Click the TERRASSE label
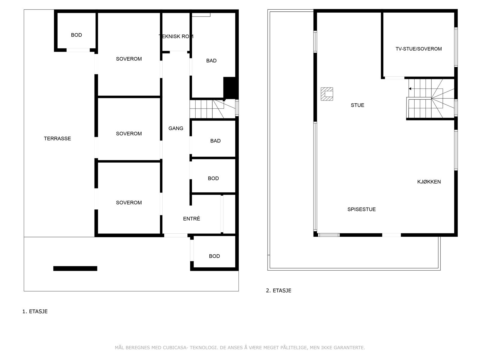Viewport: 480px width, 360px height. click(57, 139)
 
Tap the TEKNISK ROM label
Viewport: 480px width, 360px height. click(176, 37)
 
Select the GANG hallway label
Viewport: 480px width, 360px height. click(176, 128)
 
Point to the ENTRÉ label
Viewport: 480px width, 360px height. click(191, 219)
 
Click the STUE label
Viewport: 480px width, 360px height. click(357, 105)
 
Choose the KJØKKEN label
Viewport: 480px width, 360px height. click(429, 182)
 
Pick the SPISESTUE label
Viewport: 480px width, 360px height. click(361, 209)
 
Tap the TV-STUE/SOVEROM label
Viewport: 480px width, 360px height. click(418, 49)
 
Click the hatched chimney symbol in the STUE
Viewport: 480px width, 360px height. click(327, 94)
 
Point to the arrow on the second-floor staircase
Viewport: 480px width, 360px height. click(410, 89)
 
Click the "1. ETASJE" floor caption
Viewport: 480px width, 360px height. click(35, 311)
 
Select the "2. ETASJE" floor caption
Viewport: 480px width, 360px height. click(278, 290)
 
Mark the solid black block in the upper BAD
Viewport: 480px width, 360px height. click(230, 88)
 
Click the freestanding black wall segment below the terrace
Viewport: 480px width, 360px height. click(75, 268)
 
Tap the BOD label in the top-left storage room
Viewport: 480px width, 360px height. click(76, 35)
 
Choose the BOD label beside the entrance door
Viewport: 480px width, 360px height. click(214, 256)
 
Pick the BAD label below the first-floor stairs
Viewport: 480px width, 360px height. click(215, 141)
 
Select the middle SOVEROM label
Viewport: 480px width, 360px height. click(129, 134)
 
